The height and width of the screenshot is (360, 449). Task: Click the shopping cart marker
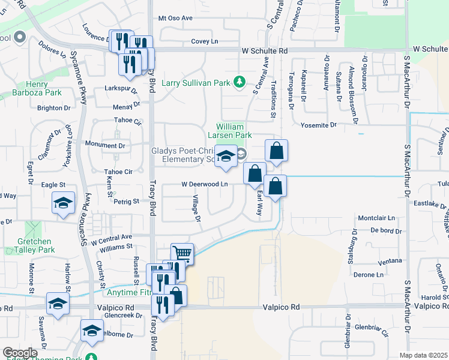182,254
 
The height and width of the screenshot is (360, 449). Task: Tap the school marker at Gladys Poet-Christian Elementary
226,158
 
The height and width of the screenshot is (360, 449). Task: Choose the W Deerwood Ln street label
205,184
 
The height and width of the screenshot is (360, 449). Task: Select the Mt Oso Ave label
175,18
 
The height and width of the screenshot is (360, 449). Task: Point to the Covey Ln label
205,41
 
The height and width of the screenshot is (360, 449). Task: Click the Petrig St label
127,202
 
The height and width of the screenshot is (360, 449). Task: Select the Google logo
19,352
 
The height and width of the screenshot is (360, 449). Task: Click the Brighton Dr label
54,108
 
